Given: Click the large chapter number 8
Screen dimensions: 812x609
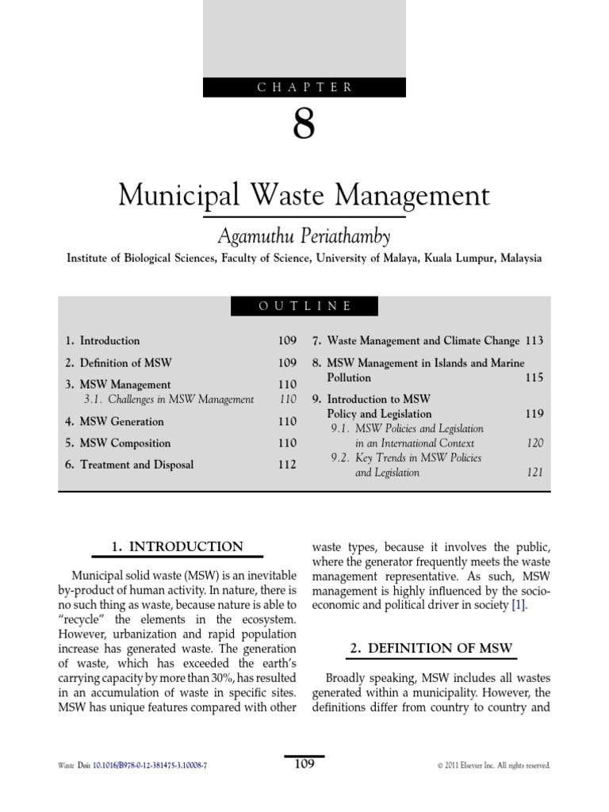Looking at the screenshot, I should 304,125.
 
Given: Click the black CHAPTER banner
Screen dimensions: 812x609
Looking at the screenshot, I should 304,87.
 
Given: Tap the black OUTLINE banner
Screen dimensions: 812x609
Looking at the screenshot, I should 304,306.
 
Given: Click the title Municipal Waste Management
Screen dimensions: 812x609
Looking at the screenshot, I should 304,194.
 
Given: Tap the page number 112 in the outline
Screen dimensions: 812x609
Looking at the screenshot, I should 286,465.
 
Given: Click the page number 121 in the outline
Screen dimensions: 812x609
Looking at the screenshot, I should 535,473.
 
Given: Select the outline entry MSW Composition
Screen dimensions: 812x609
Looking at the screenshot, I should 118,443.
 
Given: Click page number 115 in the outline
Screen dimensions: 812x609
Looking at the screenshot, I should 534,377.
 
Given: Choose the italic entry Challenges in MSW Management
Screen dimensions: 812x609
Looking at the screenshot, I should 167,400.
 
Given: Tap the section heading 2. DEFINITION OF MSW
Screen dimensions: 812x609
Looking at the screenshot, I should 431,649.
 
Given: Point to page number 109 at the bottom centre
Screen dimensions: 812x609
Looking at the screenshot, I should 304,764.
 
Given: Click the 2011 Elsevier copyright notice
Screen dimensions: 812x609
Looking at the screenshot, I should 493,765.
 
